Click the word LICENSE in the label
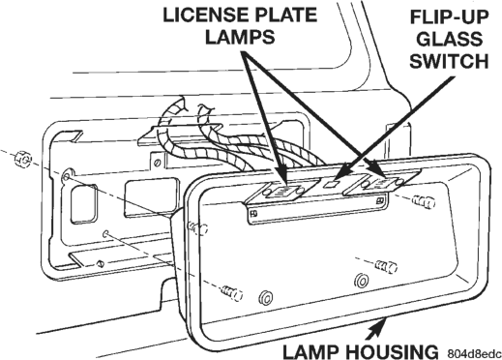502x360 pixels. pyautogui.click(x=203, y=15)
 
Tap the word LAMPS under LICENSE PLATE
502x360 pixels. pyautogui.click(x=240, y=37)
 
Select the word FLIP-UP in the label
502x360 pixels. pyautogui.click(x=449, y=17)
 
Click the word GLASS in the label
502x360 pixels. pyautogui.click(x=449, y=40)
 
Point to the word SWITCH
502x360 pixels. pyautogui.click(x=449, y=61)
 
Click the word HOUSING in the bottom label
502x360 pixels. pyautogui.click(x=391, y=351)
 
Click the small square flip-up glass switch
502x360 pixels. pyautogui.click(x=331, y=184)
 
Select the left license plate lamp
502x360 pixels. pyautogui.click(x=283, y=192)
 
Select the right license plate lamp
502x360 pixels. pyautogui.click(x=381, y=184)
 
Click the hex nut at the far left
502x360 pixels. pyautogui.click(x=24, y=158)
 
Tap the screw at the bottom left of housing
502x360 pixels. pyautogui.click(x=232, y=293)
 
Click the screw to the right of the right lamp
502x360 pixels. pyautogui.click(x=424, y=202)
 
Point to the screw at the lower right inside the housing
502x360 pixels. pyautogui.click(x=386, y=266)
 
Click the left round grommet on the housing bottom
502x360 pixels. pyautogui.click(x=266, y=297)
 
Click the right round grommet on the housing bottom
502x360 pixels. pyautogui.click(x=362, y=280)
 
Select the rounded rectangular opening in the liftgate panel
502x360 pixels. pyautogui.click(x=83, y=204)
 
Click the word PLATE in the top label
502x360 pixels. pyautogui.click(x=283, y=15)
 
